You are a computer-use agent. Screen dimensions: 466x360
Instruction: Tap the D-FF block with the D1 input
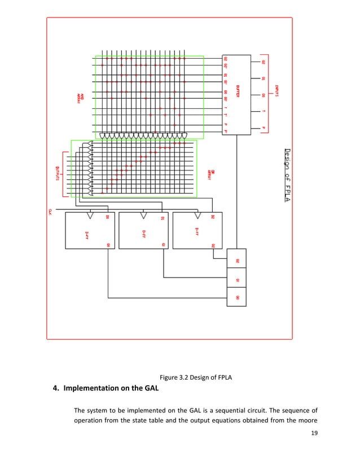[143, 230]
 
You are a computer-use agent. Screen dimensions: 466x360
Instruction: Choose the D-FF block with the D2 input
[196, 230]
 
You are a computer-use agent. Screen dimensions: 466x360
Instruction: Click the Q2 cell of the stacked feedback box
[237, 261]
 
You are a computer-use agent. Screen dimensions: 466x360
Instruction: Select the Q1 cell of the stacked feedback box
[237, 279]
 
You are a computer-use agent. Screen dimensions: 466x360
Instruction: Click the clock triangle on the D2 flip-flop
[197, 216]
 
